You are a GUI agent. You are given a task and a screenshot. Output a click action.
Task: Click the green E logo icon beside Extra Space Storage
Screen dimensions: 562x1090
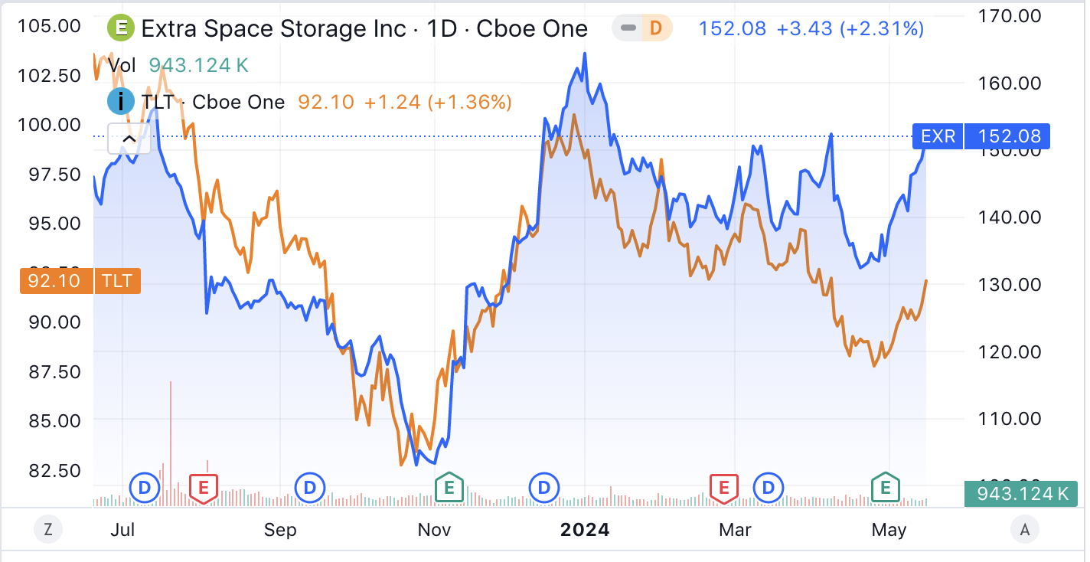120,28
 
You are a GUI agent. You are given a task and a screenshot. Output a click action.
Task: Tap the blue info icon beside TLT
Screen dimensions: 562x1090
120,102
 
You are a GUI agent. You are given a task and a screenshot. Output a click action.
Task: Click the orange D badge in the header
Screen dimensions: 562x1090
655,28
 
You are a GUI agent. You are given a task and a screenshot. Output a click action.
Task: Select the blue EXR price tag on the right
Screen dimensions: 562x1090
981,137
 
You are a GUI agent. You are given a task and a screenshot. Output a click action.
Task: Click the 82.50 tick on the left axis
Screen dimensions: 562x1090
54,470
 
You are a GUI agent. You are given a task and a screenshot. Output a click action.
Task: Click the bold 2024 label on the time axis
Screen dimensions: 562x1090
585,530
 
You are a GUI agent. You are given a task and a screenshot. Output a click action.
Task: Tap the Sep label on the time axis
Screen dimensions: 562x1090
280,530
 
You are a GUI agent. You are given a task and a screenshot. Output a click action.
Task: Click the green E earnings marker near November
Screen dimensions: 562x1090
449,487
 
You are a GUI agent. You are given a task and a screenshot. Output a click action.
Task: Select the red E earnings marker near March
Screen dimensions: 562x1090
723,487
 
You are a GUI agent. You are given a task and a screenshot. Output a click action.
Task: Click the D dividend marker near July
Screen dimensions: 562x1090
145,487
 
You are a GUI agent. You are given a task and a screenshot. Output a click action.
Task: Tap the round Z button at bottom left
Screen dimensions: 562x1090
48,528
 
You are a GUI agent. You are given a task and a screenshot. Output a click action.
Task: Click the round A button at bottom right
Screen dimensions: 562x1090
1024,528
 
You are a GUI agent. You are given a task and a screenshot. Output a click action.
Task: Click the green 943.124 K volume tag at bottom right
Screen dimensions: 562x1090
1021,494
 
